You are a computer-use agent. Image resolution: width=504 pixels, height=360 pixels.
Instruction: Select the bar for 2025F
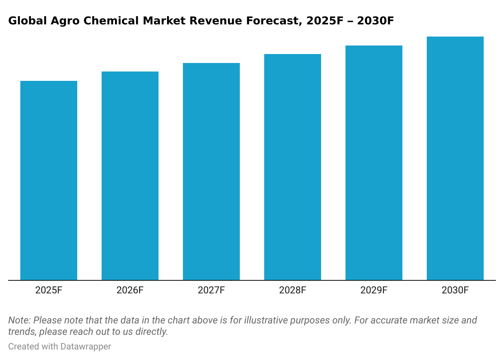tap(49, 180)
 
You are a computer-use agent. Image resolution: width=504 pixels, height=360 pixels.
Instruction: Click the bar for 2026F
tap(130, 176)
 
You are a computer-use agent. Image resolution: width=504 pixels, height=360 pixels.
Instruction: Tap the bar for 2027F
tap(211, 171)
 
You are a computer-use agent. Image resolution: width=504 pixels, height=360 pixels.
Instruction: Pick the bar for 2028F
tap(293, 167)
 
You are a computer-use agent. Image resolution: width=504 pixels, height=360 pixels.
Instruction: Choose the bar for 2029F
tap(374, 163)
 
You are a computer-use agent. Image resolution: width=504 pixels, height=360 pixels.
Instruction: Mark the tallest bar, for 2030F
tap(455, 158)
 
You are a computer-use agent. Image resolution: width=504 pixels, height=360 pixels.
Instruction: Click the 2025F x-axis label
tap(49, 291)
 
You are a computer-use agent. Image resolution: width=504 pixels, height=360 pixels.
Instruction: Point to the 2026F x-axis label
tap(130, 291)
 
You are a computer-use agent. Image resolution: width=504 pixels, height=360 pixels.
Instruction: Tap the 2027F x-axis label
tap(211, 291)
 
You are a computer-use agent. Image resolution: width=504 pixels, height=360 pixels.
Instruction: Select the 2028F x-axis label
tap(293, 291)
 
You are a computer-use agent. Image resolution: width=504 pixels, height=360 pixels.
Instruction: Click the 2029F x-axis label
tap(374, 291)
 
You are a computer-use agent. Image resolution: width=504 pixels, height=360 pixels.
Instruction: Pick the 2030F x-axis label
tap(455, 291)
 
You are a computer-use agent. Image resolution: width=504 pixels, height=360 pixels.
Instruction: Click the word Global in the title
tap(24, 21)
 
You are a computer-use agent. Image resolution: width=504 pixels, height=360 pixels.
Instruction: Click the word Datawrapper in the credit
tap(86, 347)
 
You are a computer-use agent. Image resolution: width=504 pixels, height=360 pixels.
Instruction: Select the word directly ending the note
tap(153, 332)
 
